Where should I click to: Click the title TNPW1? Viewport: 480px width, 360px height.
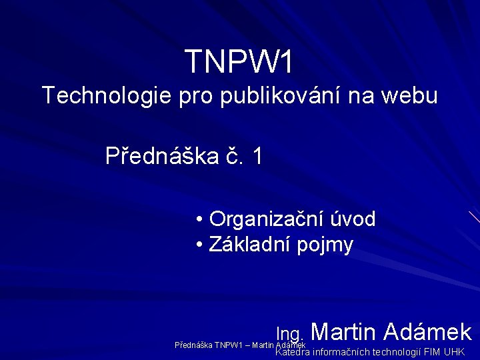coord(239,62)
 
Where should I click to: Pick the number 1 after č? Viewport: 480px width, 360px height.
coord(257,156)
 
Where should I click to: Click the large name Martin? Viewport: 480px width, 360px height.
coord(344,331)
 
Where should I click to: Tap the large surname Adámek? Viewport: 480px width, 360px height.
coord(429,331)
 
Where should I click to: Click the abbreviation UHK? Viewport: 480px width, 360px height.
coord(454,352)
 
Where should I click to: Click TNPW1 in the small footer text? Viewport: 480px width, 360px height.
coord(228,345)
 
